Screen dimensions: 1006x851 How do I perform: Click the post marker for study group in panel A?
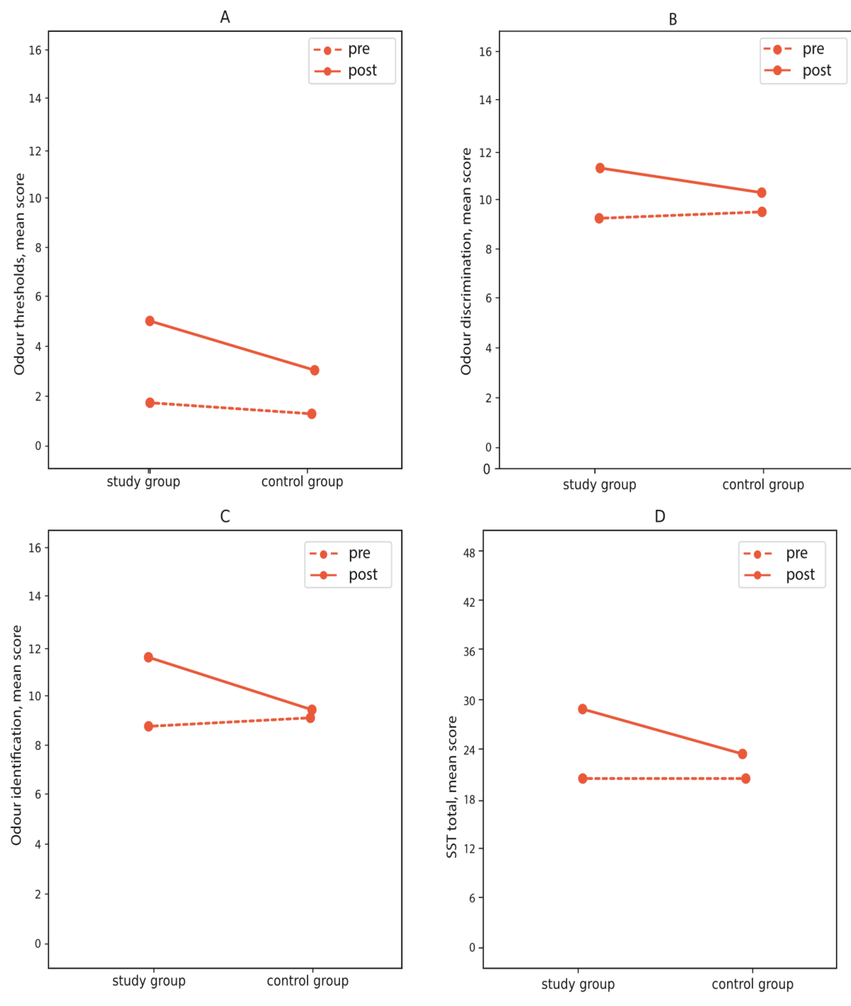tap(150, 321)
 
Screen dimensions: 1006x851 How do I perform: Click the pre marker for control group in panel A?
tap(312, 414)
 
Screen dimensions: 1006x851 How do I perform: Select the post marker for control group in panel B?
tap(761, 193)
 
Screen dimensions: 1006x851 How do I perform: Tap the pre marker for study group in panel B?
tap(599, 218)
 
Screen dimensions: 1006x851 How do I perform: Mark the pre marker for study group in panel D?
tap(582, 778)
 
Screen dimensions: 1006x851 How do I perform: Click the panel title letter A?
tap(225, 17)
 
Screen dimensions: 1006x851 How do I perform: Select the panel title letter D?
tap(659, 516)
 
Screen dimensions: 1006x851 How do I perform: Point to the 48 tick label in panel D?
tap(469, 553)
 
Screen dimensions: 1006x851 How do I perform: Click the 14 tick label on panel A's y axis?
tap(35, 98)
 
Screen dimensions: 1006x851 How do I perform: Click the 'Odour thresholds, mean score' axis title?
tap(19, 274)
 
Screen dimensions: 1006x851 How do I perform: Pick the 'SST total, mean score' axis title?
tap(452, 787)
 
